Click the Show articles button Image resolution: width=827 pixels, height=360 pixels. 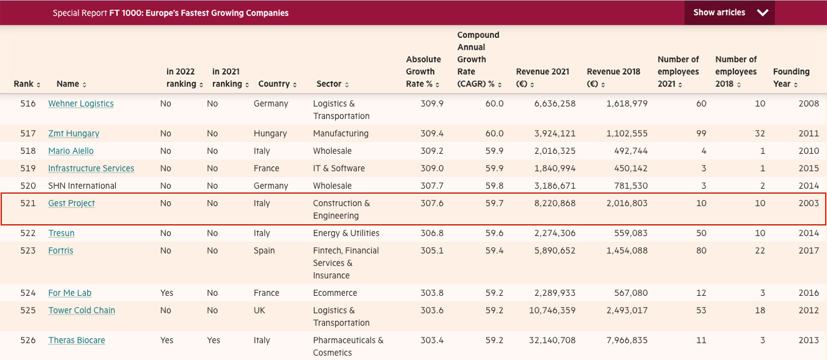pyautogui.click(x=729, y=12)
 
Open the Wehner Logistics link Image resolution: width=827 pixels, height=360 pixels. pyautogui.click(x=81, y=104)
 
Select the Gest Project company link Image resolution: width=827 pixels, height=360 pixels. pyautogui.click(x=72, y=204)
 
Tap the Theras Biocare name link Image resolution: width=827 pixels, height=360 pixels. pyautogui.click(x=77, y=341)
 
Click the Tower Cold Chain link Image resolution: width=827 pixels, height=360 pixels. pyautogui.click(x=82, y=311)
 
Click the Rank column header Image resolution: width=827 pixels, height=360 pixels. pyautogui.click(x=27, y=84)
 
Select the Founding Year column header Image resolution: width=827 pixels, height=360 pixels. pyautogui.click(x=791, y=77)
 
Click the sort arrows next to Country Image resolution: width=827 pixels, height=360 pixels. pyautogui.click(x=295, y=85)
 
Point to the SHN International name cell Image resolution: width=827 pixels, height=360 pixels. pyautogui.click(x=82, y=186)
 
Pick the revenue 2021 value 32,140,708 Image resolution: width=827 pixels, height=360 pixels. pyautogui.click(x=552, y=341)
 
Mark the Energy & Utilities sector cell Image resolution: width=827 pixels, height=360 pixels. pyautogui.click(x=346, y=234)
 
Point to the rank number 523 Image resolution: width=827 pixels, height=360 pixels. pyautogui.click(x=27, y=251)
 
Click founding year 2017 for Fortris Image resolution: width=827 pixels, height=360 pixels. pyautogui.click(x=808, y=251)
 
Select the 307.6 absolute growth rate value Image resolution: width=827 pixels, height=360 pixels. pyautogui.click(x=432, y=204)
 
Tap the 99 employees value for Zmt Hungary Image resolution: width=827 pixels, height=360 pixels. pyautogui.click(x=701, y=134)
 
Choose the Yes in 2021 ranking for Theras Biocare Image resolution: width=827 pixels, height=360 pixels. pyautogui.click(x=214, y=341)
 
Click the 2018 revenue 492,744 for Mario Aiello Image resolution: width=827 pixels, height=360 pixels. pyautogui.click(x=631, y=151)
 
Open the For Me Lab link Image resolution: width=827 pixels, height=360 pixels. pyautogui.click(x=70, y=293)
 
